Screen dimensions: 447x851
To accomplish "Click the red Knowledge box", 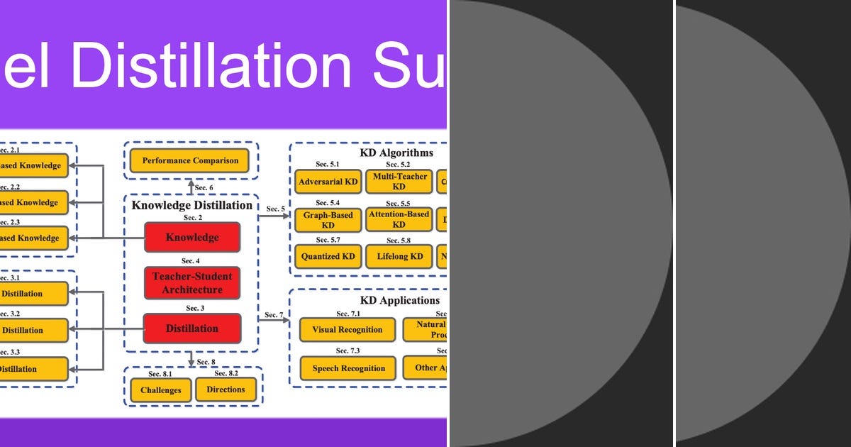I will tap(192, 238).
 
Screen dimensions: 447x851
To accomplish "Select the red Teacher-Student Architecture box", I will tap(192, 282).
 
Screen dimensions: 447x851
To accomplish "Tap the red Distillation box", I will tap(192, 329).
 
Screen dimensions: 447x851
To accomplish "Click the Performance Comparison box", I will tap(190, 160).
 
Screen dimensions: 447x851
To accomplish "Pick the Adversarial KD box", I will tap(328, 182).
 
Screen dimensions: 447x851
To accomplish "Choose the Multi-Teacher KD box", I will tap(399, 182).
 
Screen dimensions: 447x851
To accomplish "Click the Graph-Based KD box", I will tap(328, 220).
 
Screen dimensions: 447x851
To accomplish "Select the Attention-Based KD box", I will tap(399, 220).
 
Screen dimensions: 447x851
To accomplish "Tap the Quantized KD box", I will tap(328, 256).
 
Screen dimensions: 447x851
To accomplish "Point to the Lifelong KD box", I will tap(399, 256).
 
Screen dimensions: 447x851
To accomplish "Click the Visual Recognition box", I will tap(347, 329).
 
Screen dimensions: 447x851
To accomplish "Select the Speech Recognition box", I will tap(347, 368).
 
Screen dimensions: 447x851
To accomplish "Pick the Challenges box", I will tap(161, 390).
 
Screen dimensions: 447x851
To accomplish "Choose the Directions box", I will tap(226, 390).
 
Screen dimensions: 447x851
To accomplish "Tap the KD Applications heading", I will tap(400, 300).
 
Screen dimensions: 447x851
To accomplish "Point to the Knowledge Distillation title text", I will tap(192, 205).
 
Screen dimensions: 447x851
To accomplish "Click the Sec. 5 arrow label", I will tap(276, 209).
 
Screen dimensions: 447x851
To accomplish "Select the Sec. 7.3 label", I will tap(347, 351).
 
